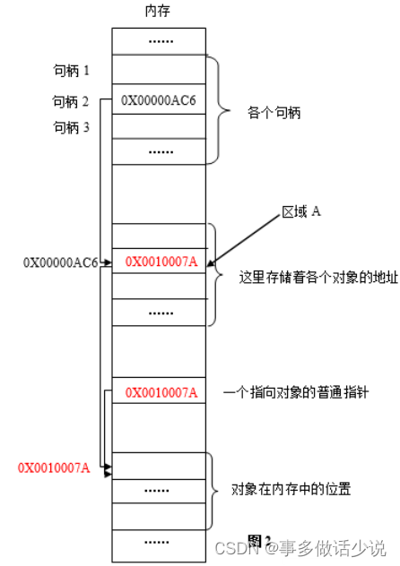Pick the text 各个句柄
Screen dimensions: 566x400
coord(274,114)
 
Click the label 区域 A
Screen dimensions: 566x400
coord(302,211)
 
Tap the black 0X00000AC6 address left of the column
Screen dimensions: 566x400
coord(60,262)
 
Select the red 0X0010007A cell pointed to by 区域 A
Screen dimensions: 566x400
coord(161,262)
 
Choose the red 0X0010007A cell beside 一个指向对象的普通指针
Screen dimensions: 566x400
coord(161,392)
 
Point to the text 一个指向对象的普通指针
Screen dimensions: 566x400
coord(295,392)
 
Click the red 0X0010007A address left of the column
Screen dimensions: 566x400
coord(54,467)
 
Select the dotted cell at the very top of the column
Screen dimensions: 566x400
coord(161,41)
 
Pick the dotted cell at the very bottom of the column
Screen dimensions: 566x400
coord(161,541)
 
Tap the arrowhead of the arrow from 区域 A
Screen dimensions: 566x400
coord(212,262)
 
